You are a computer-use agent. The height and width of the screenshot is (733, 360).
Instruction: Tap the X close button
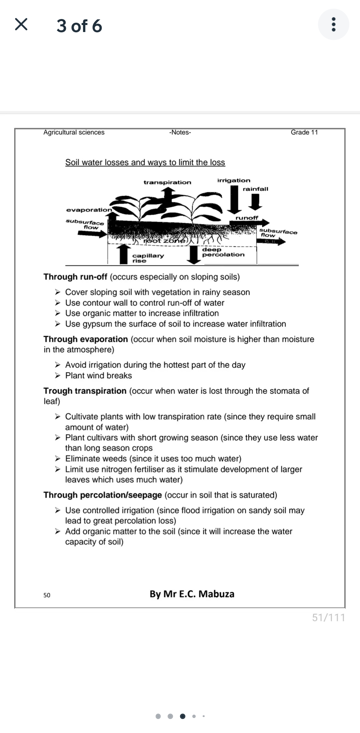(21, 25)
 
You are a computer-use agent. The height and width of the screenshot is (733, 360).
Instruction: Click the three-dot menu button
(333, 25)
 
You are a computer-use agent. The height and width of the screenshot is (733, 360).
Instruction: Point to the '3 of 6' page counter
(79, 26)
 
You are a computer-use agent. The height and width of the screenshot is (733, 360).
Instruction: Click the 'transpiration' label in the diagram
(167, 182)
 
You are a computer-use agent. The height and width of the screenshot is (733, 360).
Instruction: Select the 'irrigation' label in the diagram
(234, 180)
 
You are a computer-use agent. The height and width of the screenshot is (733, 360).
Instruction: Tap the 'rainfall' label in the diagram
(255, 189)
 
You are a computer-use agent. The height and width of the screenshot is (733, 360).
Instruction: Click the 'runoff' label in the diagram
(247, 218)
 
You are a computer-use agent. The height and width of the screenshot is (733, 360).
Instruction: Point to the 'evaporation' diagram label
(89, 210)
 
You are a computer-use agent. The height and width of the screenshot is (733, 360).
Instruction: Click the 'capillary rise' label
(148, 258)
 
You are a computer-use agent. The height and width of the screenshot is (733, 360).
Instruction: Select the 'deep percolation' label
(223, 252)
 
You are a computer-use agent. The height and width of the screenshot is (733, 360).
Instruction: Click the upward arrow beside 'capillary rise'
(124, 254)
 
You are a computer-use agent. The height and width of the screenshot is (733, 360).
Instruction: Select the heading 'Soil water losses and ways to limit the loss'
(145, 162)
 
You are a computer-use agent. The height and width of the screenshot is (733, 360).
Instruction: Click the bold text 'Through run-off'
(75, 277)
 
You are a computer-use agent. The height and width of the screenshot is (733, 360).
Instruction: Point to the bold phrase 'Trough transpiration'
(85, 391)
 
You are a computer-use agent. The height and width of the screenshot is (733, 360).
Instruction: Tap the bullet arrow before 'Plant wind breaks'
(58, 376)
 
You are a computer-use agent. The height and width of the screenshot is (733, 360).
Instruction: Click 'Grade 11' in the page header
(304, 132)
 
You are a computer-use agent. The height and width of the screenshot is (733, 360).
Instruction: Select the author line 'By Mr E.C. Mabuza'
(192, 594)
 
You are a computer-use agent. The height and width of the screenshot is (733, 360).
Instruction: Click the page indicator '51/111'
(328, 618)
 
